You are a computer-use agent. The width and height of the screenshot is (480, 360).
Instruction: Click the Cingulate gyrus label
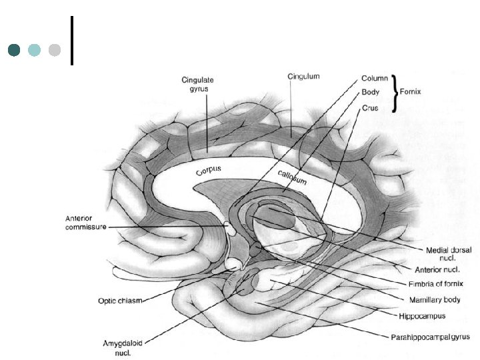(197, 84)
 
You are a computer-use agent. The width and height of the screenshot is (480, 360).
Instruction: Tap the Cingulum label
(304, 77)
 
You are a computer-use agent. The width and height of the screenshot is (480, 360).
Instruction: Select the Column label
(375, 78)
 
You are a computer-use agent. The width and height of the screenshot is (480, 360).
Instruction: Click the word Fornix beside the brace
(418, 92)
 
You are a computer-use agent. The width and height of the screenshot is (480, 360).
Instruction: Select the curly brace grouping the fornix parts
(396, 93)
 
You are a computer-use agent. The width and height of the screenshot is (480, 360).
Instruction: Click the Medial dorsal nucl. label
(448, 253)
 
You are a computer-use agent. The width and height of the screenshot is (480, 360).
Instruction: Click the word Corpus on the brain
(209, 170)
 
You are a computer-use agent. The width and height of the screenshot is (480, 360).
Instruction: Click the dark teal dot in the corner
(14, 50)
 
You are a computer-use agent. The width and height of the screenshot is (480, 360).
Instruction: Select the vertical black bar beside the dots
(71, 40)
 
